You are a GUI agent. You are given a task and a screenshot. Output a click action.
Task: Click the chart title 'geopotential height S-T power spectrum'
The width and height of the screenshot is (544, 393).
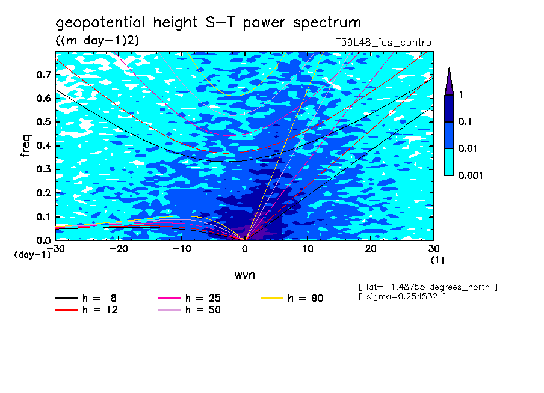[x=208, y=23]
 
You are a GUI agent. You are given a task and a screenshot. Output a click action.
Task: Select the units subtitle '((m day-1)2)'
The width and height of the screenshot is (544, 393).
[x=97, y=40]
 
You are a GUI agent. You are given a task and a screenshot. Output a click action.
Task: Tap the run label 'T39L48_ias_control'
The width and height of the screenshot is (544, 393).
[x=384, y=43]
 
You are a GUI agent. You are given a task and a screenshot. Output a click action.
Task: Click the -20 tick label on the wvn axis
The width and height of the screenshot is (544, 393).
[x=119, y=249]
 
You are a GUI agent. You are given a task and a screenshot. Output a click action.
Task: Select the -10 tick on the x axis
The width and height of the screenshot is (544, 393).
[x=182, y=249]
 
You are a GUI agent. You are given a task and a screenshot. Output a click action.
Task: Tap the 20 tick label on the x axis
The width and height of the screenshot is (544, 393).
[x=371, y=249]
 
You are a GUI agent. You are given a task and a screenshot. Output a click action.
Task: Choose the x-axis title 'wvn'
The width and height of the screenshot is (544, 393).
[x=244, y=275]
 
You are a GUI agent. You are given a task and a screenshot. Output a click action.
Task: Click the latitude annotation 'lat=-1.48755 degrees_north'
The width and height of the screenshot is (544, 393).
[x=428, y=287]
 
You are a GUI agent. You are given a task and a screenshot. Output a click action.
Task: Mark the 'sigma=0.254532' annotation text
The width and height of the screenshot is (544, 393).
[x=402, y=297]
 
